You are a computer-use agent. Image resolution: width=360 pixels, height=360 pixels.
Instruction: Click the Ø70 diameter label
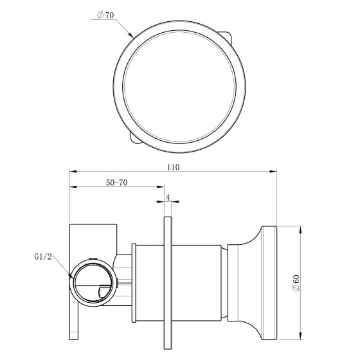tap(105, 15)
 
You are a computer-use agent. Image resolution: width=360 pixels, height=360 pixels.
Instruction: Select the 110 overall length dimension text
tap(173, 167)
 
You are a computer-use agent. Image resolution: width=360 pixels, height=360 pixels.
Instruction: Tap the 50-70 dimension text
tap(116, 183)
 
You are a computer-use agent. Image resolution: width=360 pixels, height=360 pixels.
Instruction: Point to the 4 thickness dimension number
tap(168, 198)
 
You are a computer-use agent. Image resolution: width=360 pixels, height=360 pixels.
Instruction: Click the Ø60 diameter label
tap(296, 283)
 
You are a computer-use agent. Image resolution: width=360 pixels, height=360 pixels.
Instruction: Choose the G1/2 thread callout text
tap(44, 256)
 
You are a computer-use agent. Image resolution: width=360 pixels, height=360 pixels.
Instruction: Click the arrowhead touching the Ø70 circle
tap(131, 35)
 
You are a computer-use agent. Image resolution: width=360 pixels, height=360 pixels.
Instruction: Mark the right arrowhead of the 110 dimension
tap(273, 171)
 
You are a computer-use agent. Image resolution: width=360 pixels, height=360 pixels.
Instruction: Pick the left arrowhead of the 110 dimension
tap(73, 171)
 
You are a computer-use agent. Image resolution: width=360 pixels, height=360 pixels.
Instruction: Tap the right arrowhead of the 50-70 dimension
tap(161, 186)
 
